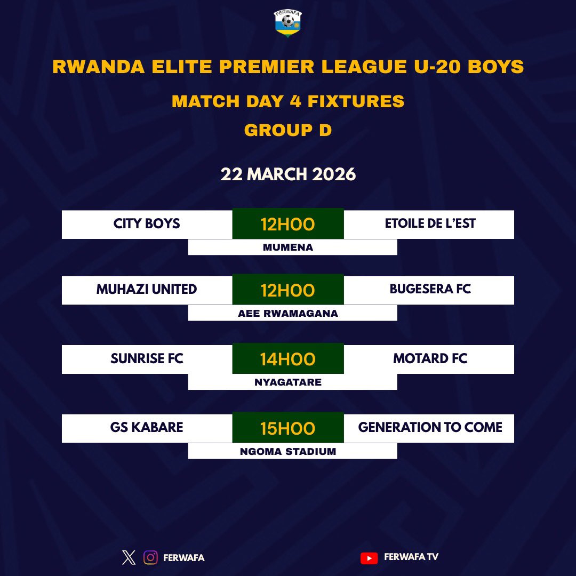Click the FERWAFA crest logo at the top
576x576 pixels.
[288, 24]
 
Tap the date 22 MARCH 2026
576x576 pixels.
[288, 174]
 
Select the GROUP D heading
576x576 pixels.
[288, 130]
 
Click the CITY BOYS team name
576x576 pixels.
[147, 223]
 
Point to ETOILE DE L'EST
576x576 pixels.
[430, 223]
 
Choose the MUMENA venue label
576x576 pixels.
[288, 247]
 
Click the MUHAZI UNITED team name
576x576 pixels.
[147, 289]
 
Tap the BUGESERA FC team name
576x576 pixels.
[430, 289]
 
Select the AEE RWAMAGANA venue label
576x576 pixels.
[288, 313]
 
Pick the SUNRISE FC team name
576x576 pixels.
[147, 358]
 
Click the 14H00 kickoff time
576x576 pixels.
[288, 359]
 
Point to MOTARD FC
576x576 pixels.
[430, 358]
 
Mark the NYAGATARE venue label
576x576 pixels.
[288, 382]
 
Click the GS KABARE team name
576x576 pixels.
[147, 427]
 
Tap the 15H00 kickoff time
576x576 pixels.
[288, 428]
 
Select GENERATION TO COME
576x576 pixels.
[430, 427]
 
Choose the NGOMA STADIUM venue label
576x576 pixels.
[288, 451]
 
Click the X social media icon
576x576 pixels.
[129, 557]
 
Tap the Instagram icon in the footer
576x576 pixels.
[151, 557]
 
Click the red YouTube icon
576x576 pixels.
[369, 558]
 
